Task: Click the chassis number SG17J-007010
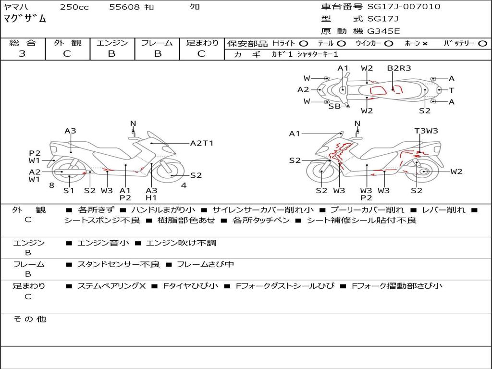(404, 7)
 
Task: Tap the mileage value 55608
(124, 7)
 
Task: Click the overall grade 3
(22, 54)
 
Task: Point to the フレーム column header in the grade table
(157, 43)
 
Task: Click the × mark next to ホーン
(425, 44)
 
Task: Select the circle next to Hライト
(304, 44)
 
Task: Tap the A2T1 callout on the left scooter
(202, 143)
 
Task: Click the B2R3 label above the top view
(399, 68)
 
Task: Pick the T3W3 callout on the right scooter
(426, 131)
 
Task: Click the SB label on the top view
(334, 106)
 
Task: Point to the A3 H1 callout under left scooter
(151, 194)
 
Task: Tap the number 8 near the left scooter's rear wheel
(52, 185)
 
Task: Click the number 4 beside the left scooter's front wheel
(184, 185)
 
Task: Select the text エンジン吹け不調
(181, 243)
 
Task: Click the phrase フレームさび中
(205, 264)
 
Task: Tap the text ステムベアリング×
(111, 286)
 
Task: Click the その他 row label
(29, 319)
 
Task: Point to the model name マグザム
(25, 19)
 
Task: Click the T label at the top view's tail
(452, 90)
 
